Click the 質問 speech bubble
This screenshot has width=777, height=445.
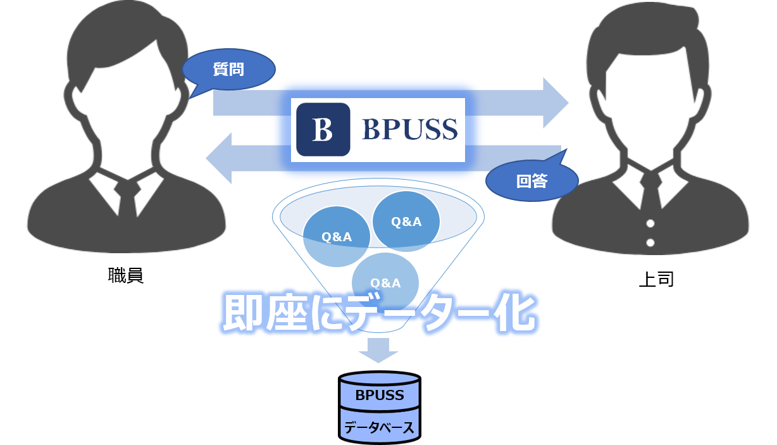pos(228,69)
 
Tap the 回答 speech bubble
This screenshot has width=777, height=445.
pos(531,182)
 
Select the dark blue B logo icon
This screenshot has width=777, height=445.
pos(323,129)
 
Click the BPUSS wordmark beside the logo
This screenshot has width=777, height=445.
pos(409,130)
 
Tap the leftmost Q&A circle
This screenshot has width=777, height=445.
pos(336,237)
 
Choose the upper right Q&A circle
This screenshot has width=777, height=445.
pos(406,221)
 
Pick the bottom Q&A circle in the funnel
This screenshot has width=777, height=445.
pos(385,282)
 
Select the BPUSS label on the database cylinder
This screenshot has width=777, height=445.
pos(380,396)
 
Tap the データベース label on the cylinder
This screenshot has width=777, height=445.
pos(380,428)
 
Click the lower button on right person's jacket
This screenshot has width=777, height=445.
pos(650,242)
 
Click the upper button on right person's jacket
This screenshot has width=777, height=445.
pos(650,223)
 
